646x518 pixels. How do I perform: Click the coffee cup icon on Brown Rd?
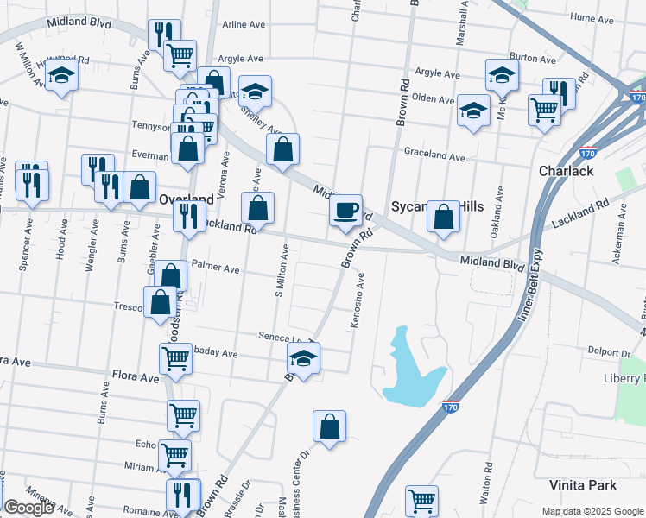click(345, 210)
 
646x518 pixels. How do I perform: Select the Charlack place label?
click(566, 171)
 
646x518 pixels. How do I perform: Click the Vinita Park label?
click(588, 485)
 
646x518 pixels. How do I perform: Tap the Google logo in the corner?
click(29, 508)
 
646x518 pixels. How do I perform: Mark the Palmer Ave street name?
click(215, 269)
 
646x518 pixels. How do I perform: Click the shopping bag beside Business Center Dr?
click(329, 426)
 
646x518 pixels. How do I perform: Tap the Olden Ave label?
click(433, 99)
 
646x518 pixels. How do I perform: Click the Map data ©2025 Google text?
click(592, 510)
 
